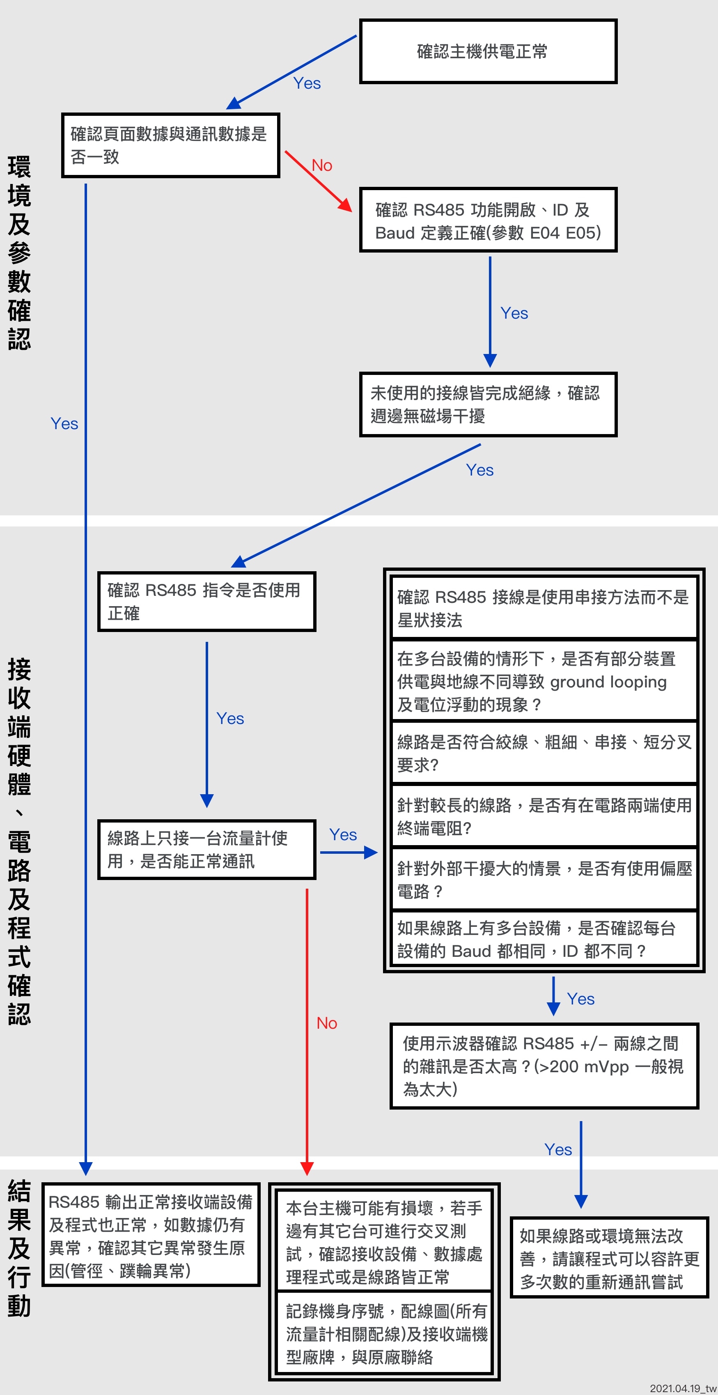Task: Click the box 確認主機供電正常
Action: [488, 51]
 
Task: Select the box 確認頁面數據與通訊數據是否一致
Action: [170, 145]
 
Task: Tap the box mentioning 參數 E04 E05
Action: [488, 221]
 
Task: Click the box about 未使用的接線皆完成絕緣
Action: [488, 404]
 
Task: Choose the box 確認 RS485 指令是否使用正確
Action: [206, 601]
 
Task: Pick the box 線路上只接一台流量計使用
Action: [206, 849]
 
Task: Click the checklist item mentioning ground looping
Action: [544, 681]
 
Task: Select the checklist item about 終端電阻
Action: [544, 816]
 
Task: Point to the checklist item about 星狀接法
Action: [544, 608]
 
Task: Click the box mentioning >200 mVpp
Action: [544, 1066]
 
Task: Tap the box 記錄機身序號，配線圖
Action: [384, 1333]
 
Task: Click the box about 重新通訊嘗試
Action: [609, 1258]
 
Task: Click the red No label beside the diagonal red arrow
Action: [321, 165]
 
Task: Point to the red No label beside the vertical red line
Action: [326, 1023]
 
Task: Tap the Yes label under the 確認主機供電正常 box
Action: [307, 83]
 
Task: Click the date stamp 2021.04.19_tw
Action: [682, 1388]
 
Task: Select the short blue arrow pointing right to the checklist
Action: [348, 853]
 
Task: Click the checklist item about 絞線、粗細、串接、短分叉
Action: [544, 753]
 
